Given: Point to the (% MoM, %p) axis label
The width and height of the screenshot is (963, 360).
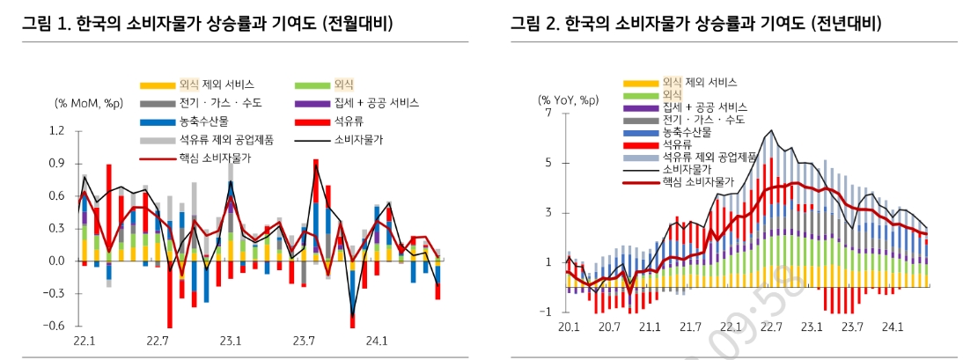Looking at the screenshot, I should pyautogui.click(x=89, y=103).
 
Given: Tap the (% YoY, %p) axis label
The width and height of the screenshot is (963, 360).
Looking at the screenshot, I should pyautogui.click(x=569, y=99).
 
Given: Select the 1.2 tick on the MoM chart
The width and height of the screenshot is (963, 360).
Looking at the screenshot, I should pyautogui.click(x=57, y=131).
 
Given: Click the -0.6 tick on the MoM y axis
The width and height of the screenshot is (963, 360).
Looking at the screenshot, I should pyautogui.click(x=55, y=326).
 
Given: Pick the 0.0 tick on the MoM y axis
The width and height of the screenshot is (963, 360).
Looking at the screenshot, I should pyautogui.click(x=57, y=261).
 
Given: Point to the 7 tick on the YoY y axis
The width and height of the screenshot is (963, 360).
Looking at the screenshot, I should pyautogui.click(x=548, y=114).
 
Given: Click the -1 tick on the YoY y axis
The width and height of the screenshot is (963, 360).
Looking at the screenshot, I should pyautogui.click(x=546, y=312).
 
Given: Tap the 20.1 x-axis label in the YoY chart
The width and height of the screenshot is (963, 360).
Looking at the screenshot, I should pyautogui.click(x=569, y=327).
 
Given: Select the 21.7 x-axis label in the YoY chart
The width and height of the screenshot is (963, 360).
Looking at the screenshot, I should pyautogui.click(x=690, y=327).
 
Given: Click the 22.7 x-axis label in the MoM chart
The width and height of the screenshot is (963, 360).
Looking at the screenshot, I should pyautogui.click(x=158, y=340).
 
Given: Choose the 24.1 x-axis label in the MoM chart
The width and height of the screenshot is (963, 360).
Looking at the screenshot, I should pyautogui.click(x=378, y=340).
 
